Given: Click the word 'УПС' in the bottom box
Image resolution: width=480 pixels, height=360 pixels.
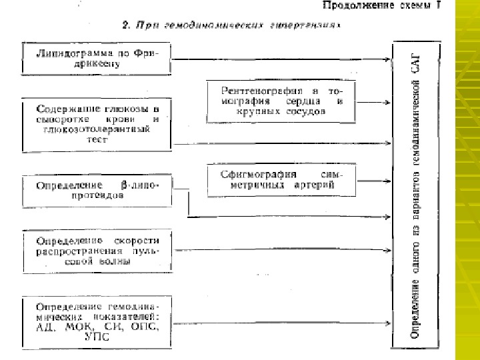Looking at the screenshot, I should (97, 339).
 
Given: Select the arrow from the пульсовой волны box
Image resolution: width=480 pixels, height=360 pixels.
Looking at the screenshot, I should (280, 251).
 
